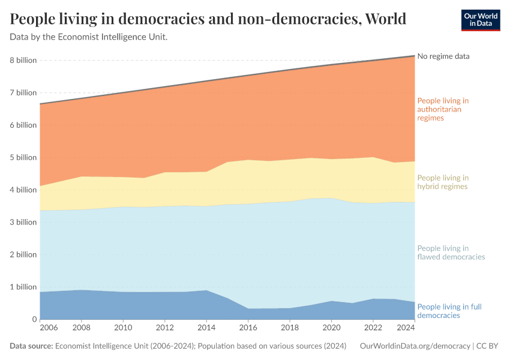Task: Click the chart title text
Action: point(208,19)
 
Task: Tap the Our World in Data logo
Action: point(480,20)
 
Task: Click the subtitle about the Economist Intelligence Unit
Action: point(89,37)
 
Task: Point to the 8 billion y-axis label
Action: point(23,61)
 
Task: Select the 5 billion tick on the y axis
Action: point(23,158)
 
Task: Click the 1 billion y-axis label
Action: point(23,287)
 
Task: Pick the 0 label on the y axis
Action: point(34,319)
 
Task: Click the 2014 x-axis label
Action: point(206,328)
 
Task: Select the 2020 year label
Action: point(331,328)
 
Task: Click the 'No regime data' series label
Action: point(443,56)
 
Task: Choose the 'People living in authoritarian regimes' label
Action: point(443,109)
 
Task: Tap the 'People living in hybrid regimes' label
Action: point(443,182)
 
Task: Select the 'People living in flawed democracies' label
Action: point(450,253)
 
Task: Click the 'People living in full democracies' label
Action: point(449,311)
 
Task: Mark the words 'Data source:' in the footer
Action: point(31,346)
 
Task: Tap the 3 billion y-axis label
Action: point(23,222)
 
